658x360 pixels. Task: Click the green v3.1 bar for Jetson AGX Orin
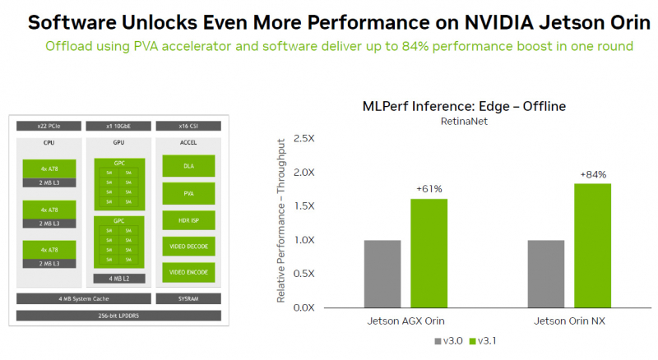[x=429, y=253]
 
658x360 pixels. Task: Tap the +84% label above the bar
[x=593, y=174]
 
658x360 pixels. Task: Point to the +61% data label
[x=429, y=189]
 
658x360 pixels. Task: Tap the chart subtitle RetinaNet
[x=465, y=122]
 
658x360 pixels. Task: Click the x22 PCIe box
[x=48, y=126]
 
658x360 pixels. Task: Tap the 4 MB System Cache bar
[x=83, y=298]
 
